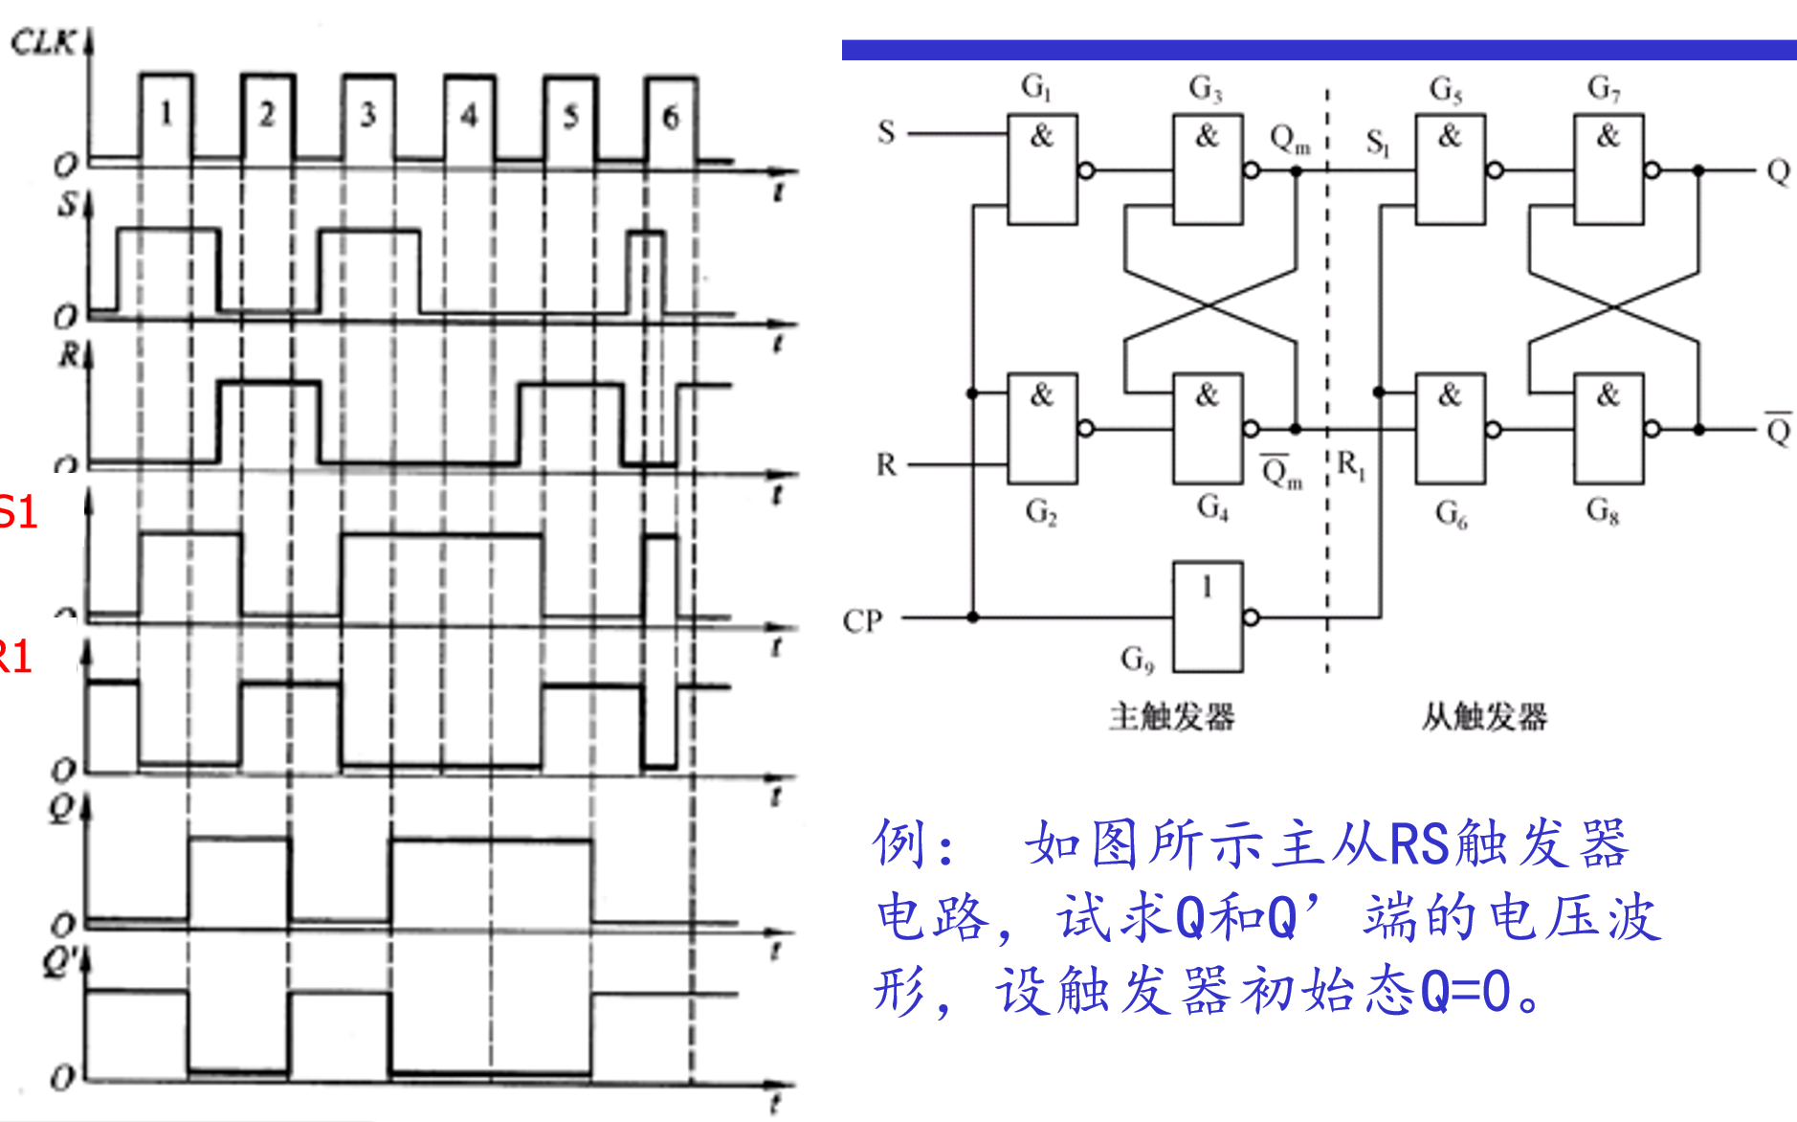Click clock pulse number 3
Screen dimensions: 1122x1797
(367, 116)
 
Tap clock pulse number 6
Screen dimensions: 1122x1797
(671, 117)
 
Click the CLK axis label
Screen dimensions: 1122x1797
(42, 42)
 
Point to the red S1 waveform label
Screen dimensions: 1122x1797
(17, 513)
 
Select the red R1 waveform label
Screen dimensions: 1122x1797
(15, 658)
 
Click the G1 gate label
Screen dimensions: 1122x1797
(1035, 88)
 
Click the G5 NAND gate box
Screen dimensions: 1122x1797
(1451, 170)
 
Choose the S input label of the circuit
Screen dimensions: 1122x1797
(886, 132)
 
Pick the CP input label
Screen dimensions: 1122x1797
(861, 621)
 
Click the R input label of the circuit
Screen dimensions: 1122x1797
(886, 465)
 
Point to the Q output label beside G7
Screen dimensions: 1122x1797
(1778, 172)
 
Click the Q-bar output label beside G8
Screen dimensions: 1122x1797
(1778, 430)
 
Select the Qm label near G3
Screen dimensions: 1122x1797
(1289, 140)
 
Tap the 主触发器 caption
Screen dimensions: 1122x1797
(1172, 716)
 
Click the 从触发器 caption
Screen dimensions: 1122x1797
(1483, 716)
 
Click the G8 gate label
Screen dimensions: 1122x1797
(1602, 510)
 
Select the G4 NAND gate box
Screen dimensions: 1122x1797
(1208, 428)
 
